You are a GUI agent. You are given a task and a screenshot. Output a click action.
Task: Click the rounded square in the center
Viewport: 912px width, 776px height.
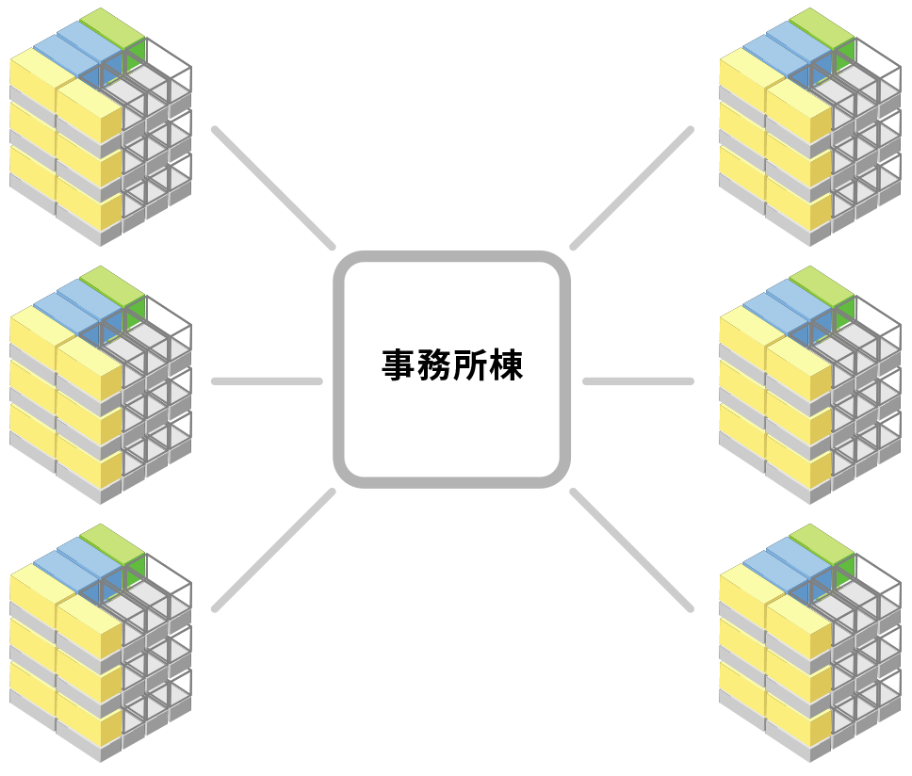pyautogui.click(x=452, y=369)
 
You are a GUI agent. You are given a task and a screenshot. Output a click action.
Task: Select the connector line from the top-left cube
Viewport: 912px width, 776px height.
pyautogui.click(x=273, y=187)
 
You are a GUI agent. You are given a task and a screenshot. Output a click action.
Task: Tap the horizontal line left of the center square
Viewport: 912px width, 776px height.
pyautogui.click(x=268, y=381)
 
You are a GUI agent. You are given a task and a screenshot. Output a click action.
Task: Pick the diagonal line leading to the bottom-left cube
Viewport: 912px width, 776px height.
pyautogui.click(x=273, y=550)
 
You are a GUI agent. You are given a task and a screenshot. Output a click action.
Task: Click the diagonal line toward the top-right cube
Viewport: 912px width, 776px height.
pyautogui.click(x=632, y=187)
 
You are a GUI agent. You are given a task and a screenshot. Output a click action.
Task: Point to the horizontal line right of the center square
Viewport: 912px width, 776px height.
pyautogui.click(x=638, y=381)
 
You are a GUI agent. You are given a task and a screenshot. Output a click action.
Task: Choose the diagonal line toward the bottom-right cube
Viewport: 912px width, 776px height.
pyautogui.click(x=632, y=550)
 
